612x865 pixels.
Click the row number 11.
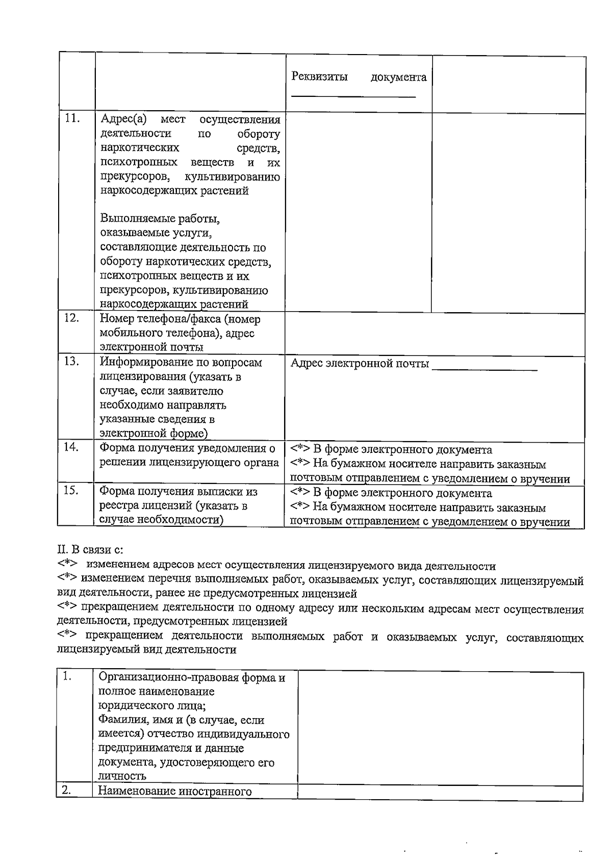[x=73, y=119]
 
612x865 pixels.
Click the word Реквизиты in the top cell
[x=319, y=77]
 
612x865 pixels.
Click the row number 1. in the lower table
[x=66, y=677]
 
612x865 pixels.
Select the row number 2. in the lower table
[x=66, y=791]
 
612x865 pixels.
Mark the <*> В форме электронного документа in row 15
[x=300, y=494]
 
